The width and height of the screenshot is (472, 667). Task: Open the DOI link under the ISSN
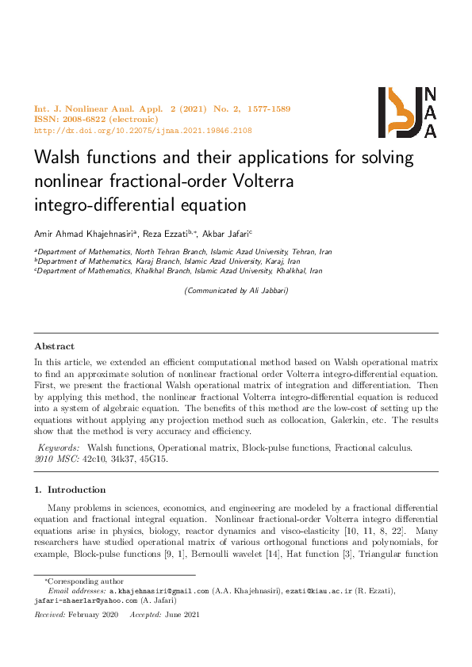(x=143, y=130)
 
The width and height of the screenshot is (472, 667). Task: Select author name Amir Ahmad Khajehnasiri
(x=86, y=234)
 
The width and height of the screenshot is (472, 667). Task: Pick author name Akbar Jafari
(x=228, y=234)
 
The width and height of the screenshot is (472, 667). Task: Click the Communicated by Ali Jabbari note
(x=236, y=291)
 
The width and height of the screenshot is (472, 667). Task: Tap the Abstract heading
(x=55, y=346)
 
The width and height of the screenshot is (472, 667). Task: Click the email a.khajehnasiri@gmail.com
(x=159, y=591)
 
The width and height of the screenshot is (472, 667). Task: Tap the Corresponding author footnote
(x=79, y=581)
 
